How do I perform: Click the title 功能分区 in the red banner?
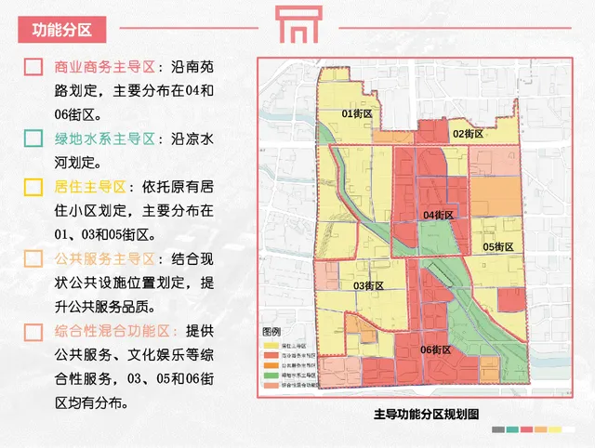point(62,28)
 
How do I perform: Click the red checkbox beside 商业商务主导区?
point(33,68)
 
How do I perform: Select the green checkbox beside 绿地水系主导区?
point(33,139)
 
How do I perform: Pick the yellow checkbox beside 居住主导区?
point(33,187)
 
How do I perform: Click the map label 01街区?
point(356,113)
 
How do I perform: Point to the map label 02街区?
point(468,134)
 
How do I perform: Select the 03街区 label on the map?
point(369,285)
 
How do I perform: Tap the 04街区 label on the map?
point(437,215)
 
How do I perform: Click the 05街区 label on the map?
point(498,246)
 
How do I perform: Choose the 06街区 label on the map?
point(435,350)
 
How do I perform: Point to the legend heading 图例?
point(271,332)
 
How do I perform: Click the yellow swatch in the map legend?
point(271,344)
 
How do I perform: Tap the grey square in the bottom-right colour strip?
point(499,430)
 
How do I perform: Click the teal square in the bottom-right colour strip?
point(512,430)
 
